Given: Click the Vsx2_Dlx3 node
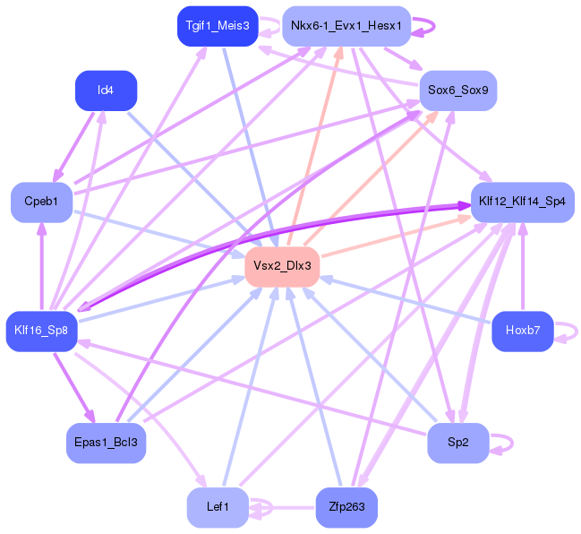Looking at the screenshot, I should (282, 265).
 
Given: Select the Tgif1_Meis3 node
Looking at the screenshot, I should (218, 26).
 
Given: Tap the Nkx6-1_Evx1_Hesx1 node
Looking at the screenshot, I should (346, 26).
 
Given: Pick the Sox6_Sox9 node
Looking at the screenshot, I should (457, 90).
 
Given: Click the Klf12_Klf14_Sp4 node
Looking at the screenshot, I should (522, 202).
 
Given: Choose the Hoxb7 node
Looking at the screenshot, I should (522, 330).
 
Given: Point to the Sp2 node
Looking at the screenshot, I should (457, 443).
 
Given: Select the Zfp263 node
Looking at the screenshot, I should (346, 507).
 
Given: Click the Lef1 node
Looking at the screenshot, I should (218, 507).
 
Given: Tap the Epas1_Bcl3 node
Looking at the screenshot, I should (106, 443).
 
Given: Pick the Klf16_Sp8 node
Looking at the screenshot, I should (41, 330).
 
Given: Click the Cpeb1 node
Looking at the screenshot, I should (41, 202).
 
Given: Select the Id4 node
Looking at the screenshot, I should (106, 90).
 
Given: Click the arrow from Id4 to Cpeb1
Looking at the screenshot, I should (76, 142).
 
